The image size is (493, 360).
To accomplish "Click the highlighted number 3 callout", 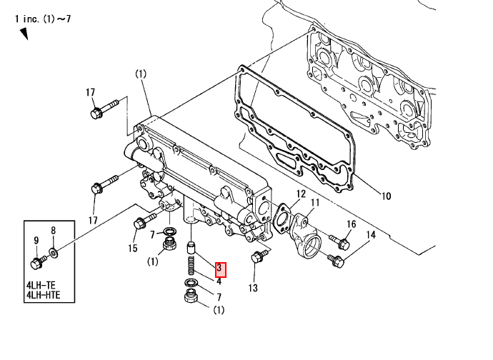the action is (220, 270).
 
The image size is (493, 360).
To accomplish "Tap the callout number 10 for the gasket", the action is (386, 196).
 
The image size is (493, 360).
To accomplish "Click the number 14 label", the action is (371, 235).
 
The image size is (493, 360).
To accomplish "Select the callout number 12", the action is (301, 194).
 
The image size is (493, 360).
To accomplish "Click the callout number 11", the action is (315, 202).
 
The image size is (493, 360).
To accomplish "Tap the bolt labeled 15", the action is (144, 221).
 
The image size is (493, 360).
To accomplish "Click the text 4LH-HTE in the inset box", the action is (43, 295).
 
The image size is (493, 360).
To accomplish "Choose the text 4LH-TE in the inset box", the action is (41, 286).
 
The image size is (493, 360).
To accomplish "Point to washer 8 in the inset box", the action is (53, 252).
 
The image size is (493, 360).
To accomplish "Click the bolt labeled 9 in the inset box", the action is (38, 262).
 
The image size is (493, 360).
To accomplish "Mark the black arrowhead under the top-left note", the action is (24, 34).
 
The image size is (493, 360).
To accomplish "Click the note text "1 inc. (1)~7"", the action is (43, 19).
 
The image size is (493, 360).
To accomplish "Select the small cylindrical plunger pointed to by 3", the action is (191, 248).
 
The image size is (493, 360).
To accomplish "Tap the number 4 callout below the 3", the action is (219, 281).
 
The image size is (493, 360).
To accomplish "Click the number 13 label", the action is (253, 288).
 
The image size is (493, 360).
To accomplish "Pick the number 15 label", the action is (133, 249).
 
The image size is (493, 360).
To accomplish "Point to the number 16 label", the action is (352, 224).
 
